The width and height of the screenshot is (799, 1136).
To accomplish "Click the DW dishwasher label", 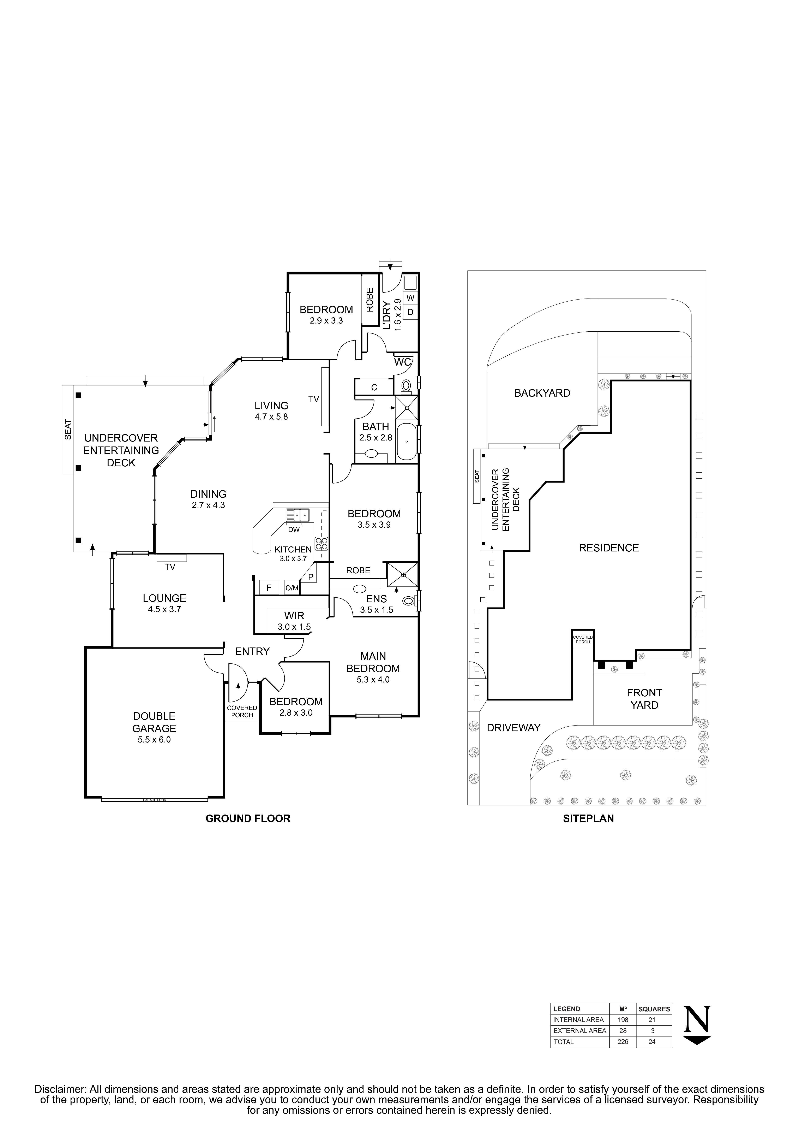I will (x=294, y=529).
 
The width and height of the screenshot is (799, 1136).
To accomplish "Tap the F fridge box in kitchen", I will (x=269, y=588).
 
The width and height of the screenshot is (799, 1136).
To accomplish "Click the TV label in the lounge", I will (x=170, y=567).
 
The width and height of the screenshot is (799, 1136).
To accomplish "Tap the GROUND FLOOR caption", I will (x=248, y=818).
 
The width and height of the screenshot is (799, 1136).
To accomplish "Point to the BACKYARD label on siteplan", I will (x=542, y=393).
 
